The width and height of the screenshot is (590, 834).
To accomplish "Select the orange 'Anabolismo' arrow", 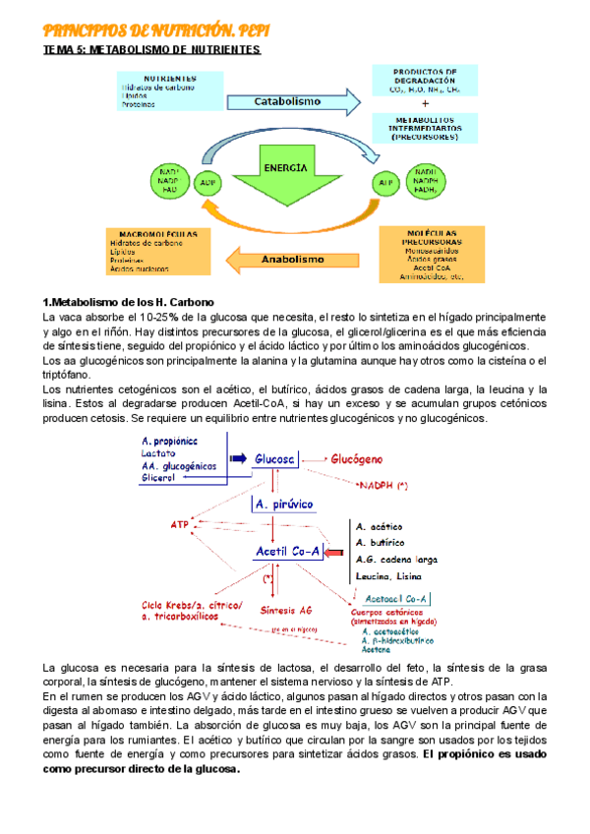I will point(290,260).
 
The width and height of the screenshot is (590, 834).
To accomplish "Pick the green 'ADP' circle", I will point(208,182).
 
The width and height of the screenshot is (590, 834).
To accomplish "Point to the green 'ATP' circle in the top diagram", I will point(386,182).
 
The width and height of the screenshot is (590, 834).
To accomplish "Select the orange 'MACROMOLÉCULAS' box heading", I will point(154,234).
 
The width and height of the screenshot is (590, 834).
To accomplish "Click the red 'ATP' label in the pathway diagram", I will point(179,524).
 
